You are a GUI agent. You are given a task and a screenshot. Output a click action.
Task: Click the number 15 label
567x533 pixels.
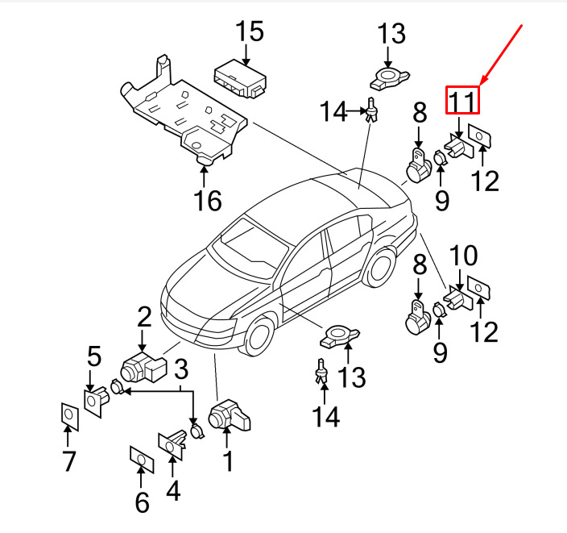click(249, 33)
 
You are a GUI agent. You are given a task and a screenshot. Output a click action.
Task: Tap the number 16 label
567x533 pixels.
click(208, 199)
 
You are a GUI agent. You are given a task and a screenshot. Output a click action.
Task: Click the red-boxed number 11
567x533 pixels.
click(463, 101)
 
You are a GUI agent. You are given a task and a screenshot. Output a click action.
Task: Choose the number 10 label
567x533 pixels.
click(464, 257)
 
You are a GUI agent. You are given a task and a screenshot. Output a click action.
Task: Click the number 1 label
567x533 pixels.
click(227, 461)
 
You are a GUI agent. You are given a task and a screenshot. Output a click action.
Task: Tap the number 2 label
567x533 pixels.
click(143, 315)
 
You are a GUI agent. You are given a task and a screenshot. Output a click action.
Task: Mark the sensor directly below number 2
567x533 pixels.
click(142, 369)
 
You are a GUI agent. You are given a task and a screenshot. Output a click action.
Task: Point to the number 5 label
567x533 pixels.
click(94, 356)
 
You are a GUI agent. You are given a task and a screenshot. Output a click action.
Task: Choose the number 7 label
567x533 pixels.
click(68, 462)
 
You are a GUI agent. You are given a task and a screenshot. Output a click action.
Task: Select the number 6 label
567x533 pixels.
click(142, 502)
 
